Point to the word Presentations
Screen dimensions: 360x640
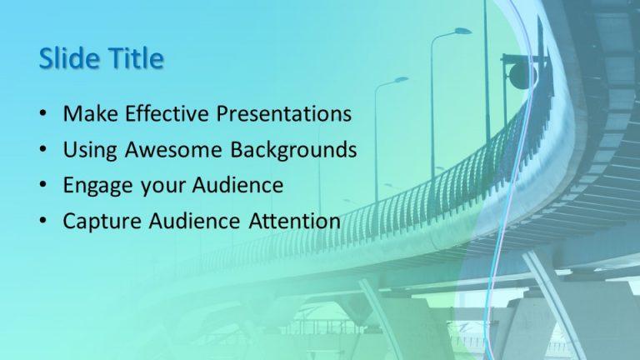tap(283, 113)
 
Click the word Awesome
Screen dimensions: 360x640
tap(173, 150)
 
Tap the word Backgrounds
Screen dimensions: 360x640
tap(288, 150)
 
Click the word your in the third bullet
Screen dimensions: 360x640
tap(162, 185)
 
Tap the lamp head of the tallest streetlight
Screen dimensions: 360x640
tap(462, 32)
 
